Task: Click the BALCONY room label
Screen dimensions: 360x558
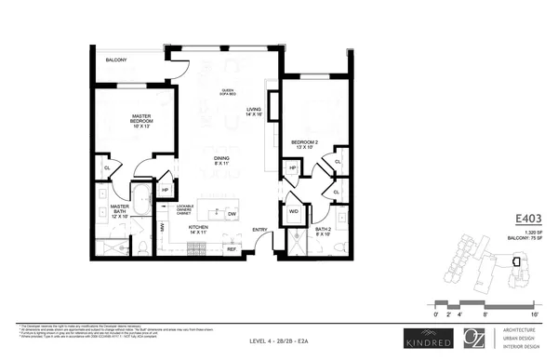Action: pyautogui.click(x=115, y=60)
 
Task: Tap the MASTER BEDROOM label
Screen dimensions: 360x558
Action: pyautogui.click(x=141, y=121)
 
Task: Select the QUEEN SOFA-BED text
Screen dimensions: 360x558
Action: pyautogui.click(x=227, y=93)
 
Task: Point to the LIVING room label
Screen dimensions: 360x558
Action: pyautogui.click(x=254, y=113)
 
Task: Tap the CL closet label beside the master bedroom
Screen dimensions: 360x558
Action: pyautogui.click(x=107, y=169)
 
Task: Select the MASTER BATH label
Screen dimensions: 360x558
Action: pyautogui.click(x=119, y=210)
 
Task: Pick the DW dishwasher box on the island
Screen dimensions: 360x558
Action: pyautogui.click(x=231, y=213)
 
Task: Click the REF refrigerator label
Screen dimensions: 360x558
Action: pyautogui.click(x=233, y=249)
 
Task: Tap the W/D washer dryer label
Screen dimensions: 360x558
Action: pyautogui.click(x=294, y=210)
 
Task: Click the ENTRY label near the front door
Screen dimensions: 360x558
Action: pyautogui.click(x=259, y=229)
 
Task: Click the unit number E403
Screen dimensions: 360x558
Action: pyautogui.click(x=528, y=220)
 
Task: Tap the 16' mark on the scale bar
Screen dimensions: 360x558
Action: pyautogui.click(x=535, y=316)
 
